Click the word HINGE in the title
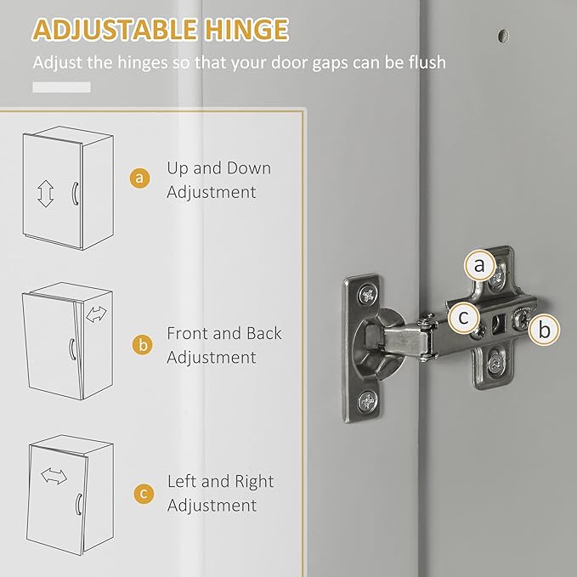(x=245, y=30)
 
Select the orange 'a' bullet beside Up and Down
(x=140, y=178)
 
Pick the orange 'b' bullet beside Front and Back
(x=140, y=345)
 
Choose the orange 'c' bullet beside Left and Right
(x=140, y=493)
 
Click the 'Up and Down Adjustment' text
(x=218, y=179)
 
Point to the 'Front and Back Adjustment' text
(x=223, y=345)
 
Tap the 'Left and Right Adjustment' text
(x=220, y=493)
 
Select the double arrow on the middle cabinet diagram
(x=97, y=314)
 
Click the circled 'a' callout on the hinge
(x=480, y=267)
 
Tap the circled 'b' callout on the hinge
(x=545, y=329)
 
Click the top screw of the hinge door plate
(x=367, y=295)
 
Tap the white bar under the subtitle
(x=61, y=87)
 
